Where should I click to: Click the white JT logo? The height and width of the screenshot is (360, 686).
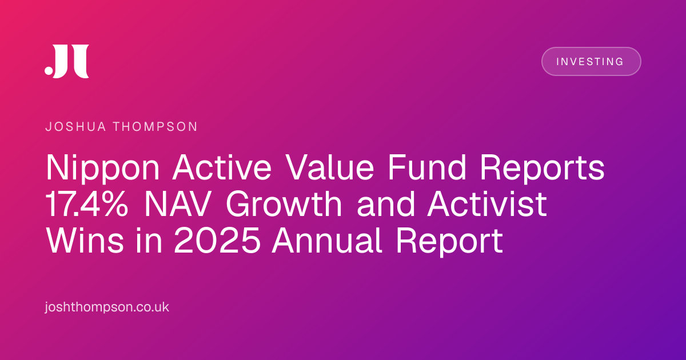click(67, 61)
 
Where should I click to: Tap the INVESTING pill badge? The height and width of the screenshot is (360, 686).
click(591, 62)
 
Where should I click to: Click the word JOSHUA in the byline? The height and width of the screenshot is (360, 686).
click(75, 127)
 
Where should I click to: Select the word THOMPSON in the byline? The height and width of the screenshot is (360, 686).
click(155, 127)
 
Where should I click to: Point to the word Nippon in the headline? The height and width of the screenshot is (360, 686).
click(102, 169)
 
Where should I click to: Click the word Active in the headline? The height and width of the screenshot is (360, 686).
click(222, 167)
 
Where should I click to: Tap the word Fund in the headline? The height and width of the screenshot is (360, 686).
click(427, 167)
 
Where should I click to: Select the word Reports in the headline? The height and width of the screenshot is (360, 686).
click(542, 169)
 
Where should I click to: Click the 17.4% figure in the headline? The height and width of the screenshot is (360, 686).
click(87, 204)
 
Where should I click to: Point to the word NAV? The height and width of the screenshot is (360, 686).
click(178, 204)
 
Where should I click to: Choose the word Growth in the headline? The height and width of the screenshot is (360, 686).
click(284, 204)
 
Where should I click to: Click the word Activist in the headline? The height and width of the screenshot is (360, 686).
click(487, 204)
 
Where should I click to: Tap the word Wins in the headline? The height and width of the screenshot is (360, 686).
click(85, 241)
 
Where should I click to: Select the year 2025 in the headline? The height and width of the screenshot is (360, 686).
click(217, 241)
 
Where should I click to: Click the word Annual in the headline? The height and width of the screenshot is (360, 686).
click(327, 241)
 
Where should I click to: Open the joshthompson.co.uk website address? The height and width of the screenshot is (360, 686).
click(107, 307)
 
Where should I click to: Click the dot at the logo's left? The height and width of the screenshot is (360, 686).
click(49, 70)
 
